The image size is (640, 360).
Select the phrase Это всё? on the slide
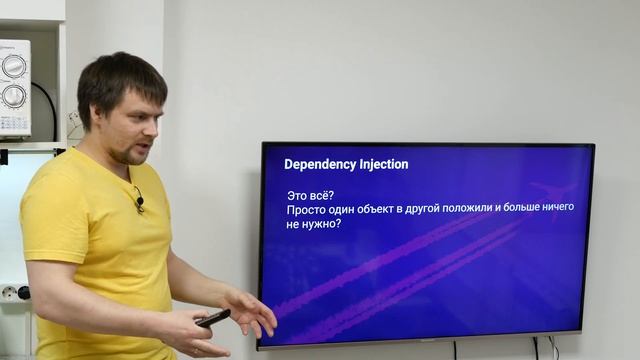(310, 193)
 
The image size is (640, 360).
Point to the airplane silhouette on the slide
(553, 193)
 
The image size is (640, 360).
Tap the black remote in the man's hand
(213, 318)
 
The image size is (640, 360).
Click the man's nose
(151, 130)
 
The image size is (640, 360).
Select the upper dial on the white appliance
(14, 65)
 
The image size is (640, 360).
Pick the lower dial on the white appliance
(14, 97)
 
